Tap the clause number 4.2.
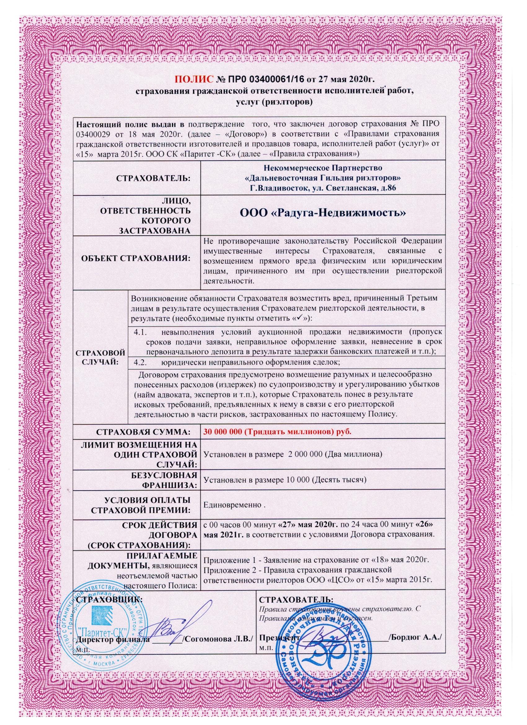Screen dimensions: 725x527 coord(140,362)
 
